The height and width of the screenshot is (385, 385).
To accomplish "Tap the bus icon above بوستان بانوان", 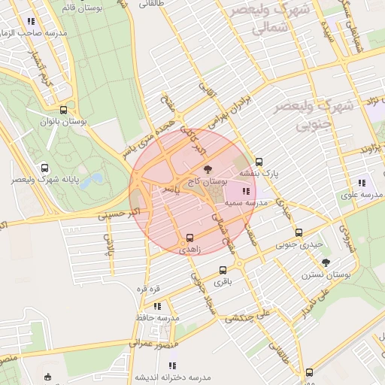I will point(72,109).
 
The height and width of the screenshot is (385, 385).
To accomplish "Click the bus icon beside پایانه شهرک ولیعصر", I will point(45,168).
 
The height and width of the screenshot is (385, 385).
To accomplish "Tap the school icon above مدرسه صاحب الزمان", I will point(30,23).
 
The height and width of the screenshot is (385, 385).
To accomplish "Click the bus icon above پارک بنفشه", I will point(259,162).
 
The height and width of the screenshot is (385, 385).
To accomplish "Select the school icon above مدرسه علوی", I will point(362,183).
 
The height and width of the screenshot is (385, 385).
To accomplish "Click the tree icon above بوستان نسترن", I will point(326,262).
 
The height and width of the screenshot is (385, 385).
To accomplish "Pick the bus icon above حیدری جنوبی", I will point(299,232).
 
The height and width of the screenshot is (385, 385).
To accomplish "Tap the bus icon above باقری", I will point(223,271).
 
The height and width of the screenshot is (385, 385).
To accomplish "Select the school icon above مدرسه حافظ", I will point(157,306).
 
